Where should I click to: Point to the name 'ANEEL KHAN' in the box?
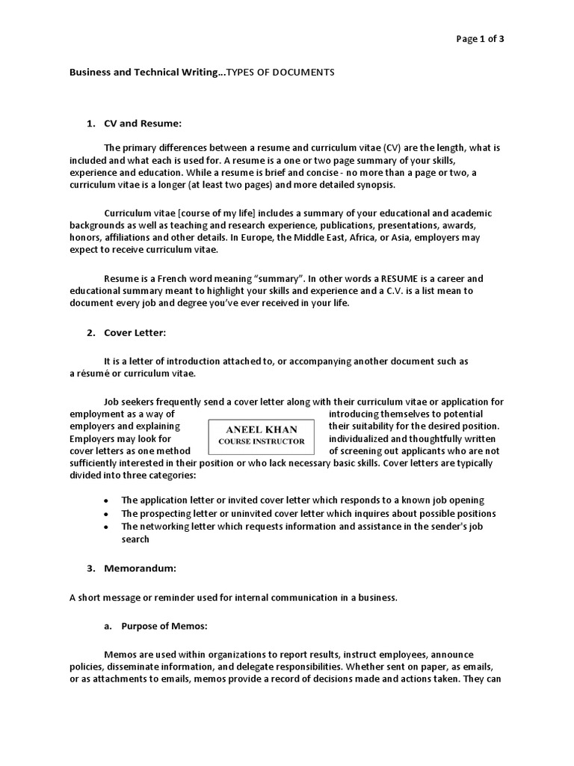[x=262, y=429]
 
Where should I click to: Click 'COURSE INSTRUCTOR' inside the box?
[x=262, y=441]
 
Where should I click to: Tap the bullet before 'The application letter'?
[x=105, y=500]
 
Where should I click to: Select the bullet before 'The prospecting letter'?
[x=105, y=514]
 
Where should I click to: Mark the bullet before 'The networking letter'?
[x=105, y=527]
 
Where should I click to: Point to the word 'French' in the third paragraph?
[x=179, y=278]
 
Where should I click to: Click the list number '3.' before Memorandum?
[x=90, y=568]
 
